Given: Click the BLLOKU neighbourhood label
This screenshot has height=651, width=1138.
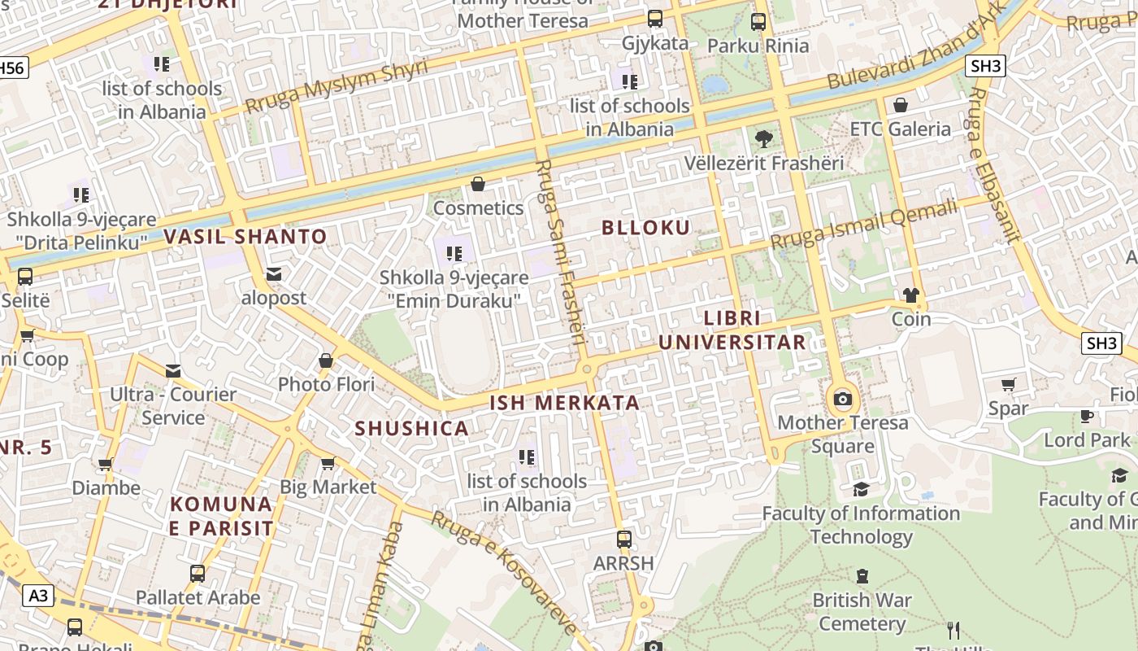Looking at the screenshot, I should (645, 228).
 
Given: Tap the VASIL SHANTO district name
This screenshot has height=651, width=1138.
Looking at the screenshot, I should (245, 238).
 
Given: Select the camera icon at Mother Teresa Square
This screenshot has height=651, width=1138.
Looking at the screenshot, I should (843, 399).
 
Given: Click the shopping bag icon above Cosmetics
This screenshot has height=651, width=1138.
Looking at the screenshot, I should (478, 185).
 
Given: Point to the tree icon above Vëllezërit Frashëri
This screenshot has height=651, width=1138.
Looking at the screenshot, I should (763, 139).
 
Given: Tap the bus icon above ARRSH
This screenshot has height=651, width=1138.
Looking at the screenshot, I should (623, 539).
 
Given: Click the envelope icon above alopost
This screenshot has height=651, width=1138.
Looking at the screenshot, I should (274, 274).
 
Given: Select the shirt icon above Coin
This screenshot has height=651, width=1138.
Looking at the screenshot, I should (910, 295).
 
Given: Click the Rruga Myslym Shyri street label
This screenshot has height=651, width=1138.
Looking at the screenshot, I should (336, 87).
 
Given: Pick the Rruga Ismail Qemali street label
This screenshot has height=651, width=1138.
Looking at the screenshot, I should (864, 225).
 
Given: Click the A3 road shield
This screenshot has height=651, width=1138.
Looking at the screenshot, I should (38, 596).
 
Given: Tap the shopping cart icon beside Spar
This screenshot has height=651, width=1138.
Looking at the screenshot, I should (1009, 384).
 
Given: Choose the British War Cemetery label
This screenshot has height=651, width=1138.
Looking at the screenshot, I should (862, 612).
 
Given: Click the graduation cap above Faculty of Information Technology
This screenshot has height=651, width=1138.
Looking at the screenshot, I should (861, 489).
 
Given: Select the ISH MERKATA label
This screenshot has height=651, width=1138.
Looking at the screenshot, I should (564, 403).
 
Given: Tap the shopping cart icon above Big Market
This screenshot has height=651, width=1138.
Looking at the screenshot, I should (328, 464).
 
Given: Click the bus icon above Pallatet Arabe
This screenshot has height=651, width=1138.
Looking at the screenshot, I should (198, 574).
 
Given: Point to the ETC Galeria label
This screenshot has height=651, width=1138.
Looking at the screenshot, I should (900, 129).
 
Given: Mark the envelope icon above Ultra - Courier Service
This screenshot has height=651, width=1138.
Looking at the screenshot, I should (173, 371).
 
